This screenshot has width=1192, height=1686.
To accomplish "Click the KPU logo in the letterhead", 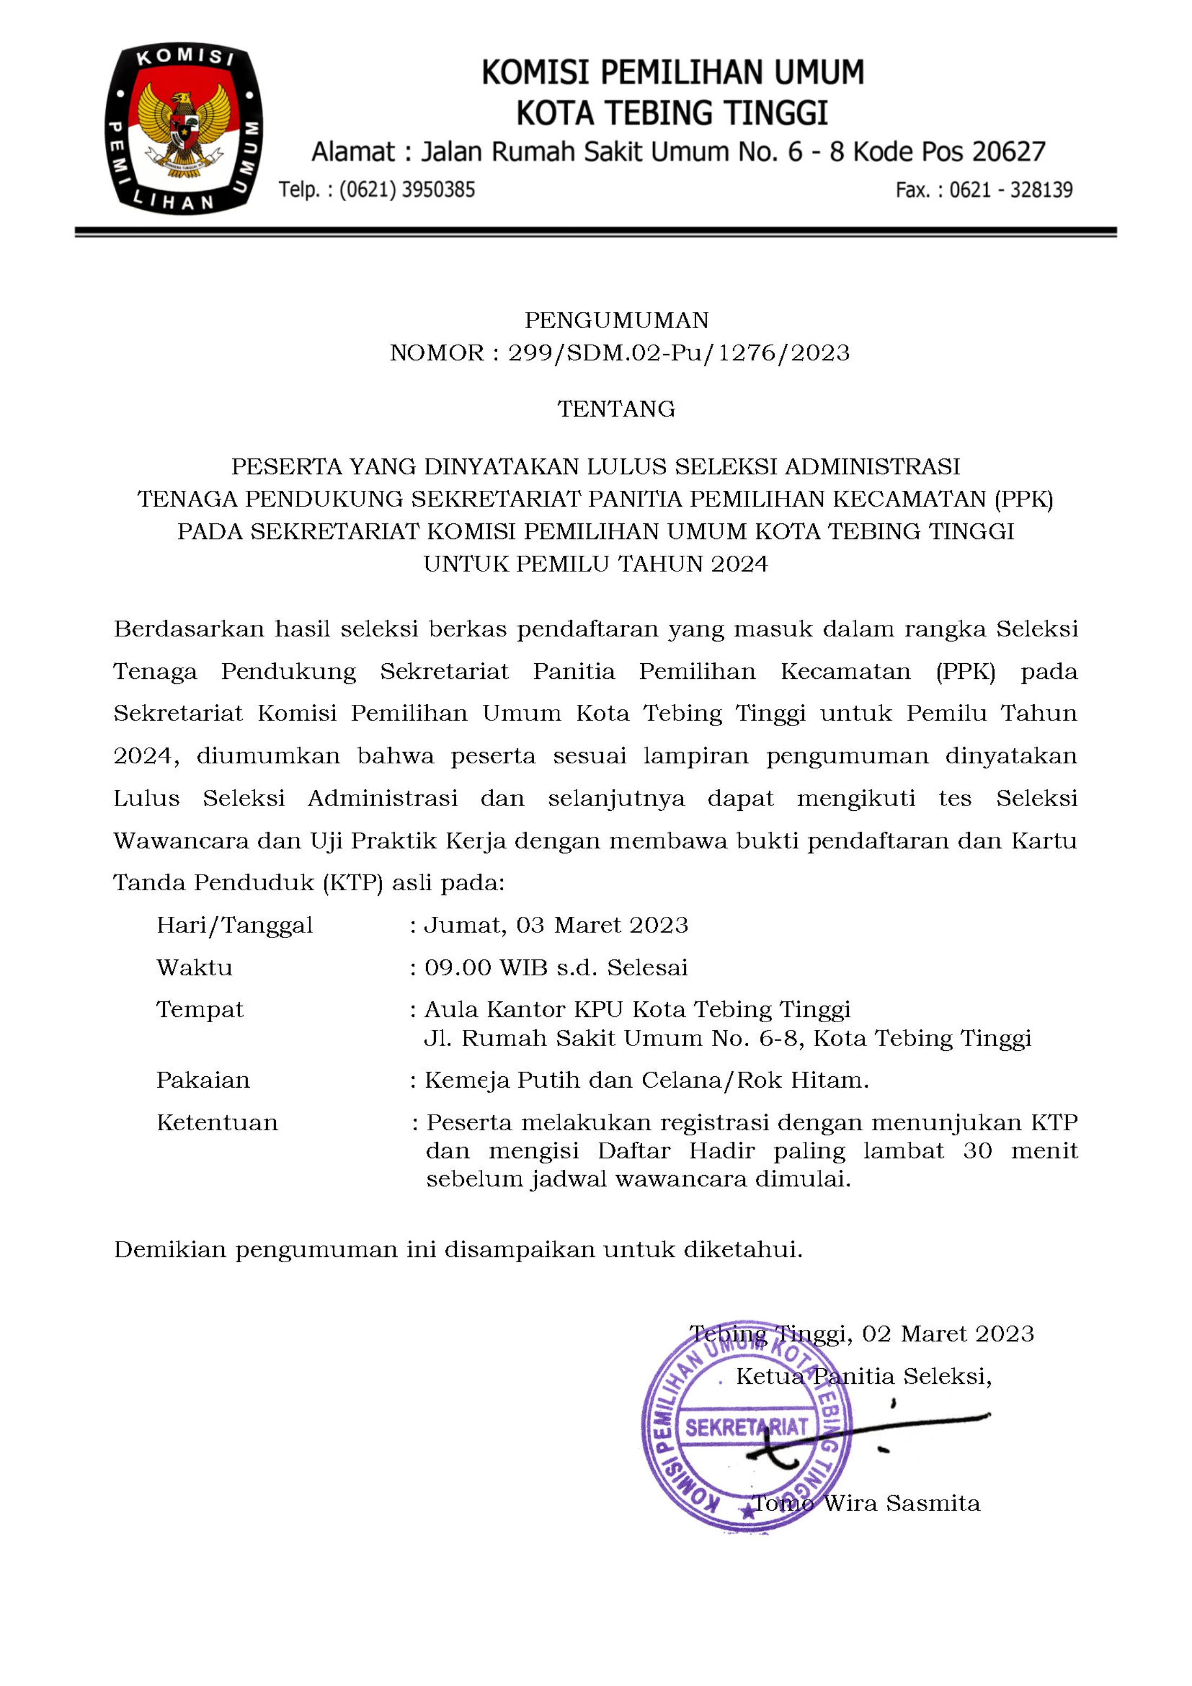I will (x=184, y=129).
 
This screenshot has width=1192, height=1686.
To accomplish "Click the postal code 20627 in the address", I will (x=1008, y=152).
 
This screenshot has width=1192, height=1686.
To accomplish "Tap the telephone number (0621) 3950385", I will (x=407, y=190).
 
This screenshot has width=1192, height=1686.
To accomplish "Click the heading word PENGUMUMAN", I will (x=616, y=320).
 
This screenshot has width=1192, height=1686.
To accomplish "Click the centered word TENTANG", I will (x=616, y=409).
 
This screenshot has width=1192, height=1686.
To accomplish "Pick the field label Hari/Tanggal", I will (x=234, y=925).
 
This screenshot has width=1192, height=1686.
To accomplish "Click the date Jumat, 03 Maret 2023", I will (x=556, y=925).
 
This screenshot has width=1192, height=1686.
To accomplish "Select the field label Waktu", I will (x=194, y=968).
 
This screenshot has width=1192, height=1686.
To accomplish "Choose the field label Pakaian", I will (x=203, y=1080).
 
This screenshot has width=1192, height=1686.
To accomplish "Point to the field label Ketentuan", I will (x=217, y=1123).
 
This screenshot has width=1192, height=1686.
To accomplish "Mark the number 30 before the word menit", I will (x=977, y=1151).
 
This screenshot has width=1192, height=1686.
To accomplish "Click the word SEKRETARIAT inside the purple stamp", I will (x=746, y=1428).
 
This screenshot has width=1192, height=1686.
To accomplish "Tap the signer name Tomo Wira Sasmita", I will (x=867, y=1503).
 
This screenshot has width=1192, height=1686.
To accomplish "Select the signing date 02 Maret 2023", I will (x=948, y=1334).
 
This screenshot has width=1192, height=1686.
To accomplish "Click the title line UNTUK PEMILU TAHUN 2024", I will (x=596, y=564).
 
